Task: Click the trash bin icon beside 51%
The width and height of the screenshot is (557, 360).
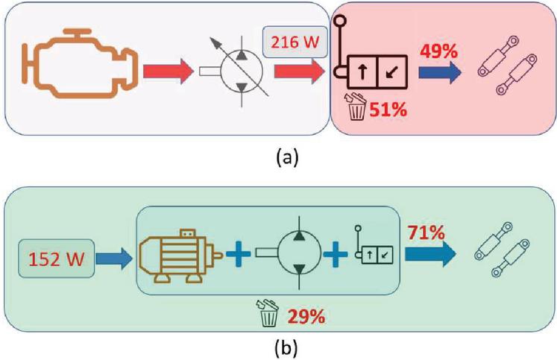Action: click(x=357, y=108)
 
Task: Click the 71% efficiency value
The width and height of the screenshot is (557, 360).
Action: click(x=426, y=232)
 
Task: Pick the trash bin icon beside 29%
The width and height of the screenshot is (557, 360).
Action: click(x=269, y=314)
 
